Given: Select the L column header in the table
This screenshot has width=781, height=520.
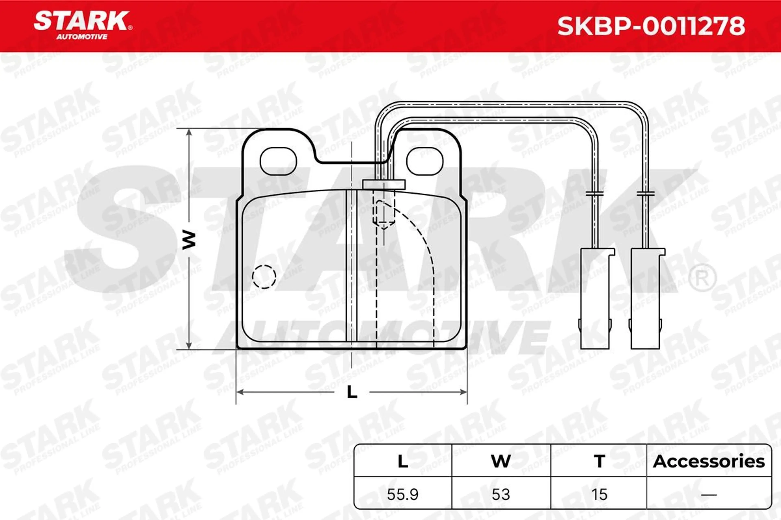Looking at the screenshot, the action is point(403,462).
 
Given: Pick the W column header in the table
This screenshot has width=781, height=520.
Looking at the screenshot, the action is point(501,462).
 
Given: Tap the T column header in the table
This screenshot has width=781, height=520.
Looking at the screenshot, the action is point(599,462).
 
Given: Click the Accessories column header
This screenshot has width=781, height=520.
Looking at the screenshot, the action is point(709,462).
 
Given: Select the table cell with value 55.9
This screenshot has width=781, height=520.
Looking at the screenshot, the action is point(402,494).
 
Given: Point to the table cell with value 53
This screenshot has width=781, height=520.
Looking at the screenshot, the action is point(501,494).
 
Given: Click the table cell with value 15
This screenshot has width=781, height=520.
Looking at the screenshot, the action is point(599,494).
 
